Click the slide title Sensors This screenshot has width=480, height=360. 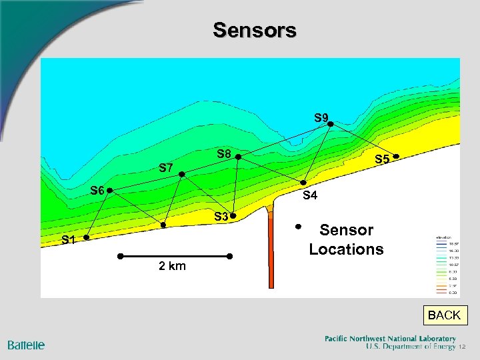[255, 30]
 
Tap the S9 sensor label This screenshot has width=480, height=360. [322, 118]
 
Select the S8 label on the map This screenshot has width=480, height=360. [224, 155]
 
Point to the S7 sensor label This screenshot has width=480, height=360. [166, 168]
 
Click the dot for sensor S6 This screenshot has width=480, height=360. [110, 190]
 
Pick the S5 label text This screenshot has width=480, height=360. [382, 160]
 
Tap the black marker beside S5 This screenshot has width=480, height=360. [395, 157]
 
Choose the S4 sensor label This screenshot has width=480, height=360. [310, 196]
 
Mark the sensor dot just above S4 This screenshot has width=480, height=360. [304, 183]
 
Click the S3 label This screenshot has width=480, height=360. [221, 217]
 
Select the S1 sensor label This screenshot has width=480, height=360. [69, 240]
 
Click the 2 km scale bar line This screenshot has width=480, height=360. [175, 256]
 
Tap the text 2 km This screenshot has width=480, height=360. [173, 267]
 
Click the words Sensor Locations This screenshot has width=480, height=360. [346, 240]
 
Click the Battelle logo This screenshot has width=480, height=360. [27, 345]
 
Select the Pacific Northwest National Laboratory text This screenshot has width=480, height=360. [390, 339]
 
